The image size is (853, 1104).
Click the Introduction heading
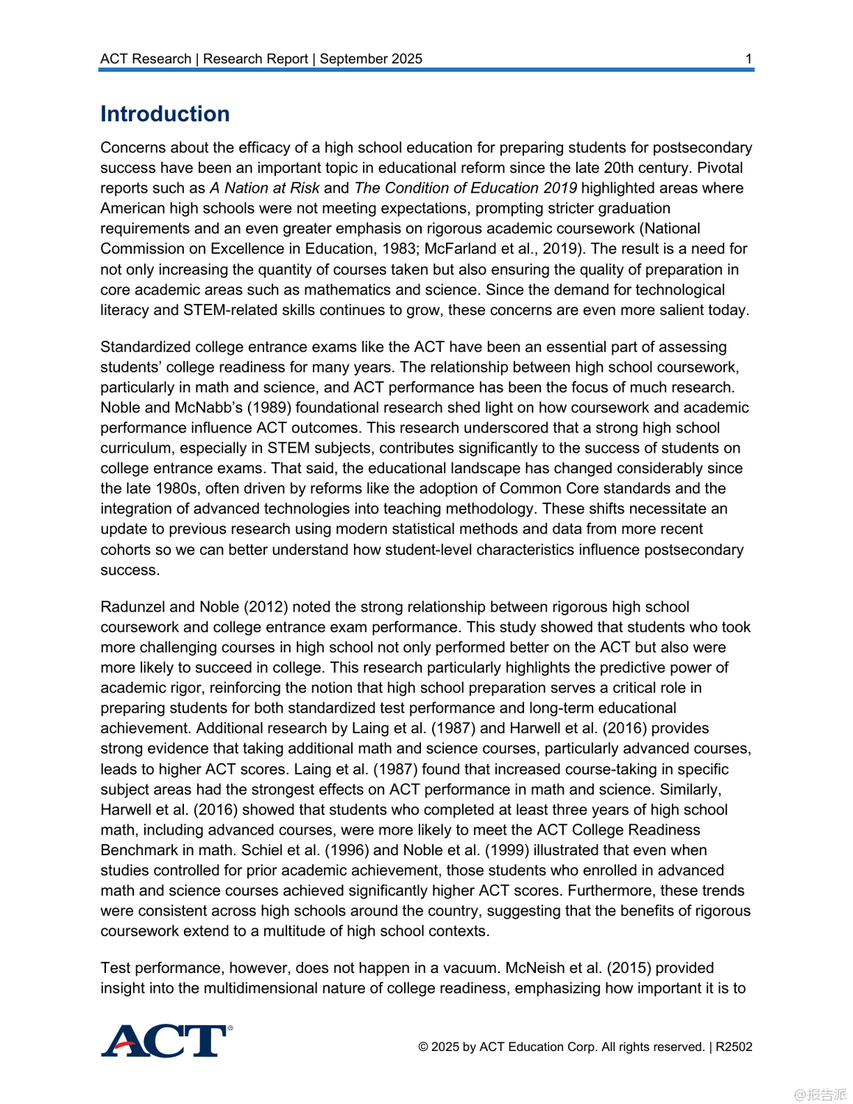(165, 114)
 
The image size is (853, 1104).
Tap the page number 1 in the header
(748, 59)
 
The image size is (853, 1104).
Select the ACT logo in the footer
(166, 1041)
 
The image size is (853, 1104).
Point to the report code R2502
(734, 1047)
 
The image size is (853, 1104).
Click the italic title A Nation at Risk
(264, 188)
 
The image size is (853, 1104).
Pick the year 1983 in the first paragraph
(399, 249)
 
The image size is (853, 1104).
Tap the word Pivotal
(720, 168)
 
